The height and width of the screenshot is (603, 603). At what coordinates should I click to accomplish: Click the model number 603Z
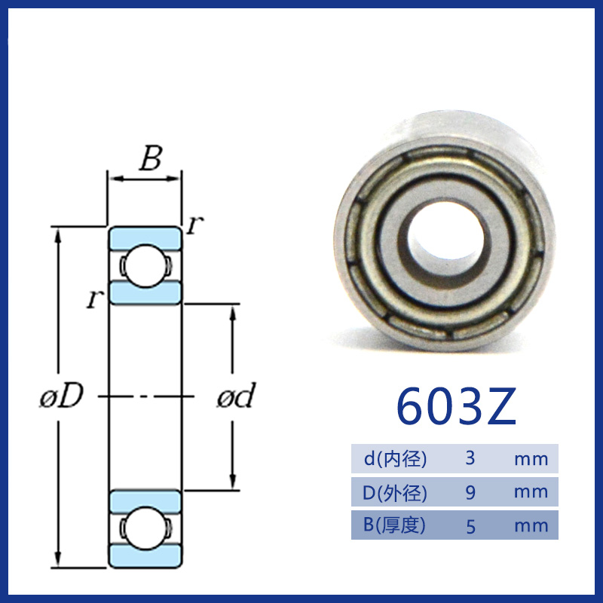pos(456,406)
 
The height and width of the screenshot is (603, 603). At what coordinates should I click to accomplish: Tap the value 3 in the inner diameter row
pos(470,458)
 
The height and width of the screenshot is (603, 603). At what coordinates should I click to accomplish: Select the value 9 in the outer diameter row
pos(470,492)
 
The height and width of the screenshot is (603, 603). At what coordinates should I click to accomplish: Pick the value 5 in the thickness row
pos(470,526)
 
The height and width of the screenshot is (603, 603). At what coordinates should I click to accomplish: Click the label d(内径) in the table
pos(395,458)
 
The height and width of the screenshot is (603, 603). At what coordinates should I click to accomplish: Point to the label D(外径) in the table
pos(395,492)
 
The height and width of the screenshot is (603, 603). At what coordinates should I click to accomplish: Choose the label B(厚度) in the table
pos(394,525)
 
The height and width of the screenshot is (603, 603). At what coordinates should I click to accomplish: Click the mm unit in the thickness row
pos(531,526)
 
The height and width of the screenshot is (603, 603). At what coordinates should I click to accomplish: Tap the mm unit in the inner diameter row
pos(531,459)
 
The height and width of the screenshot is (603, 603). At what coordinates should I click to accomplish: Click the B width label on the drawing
pos(151,158)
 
